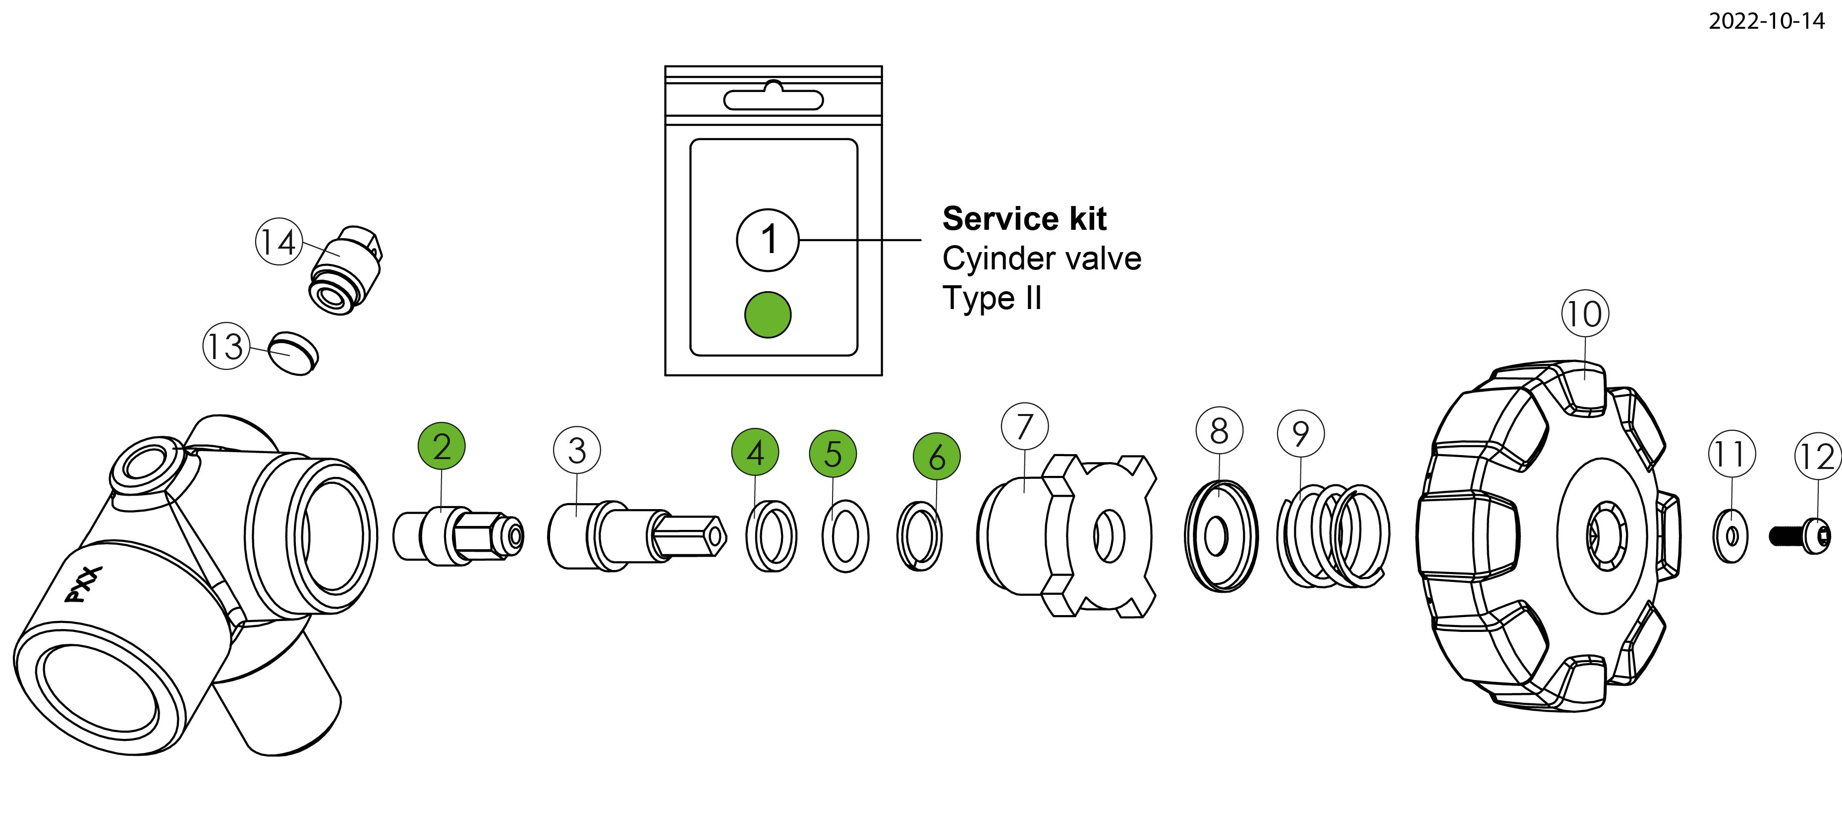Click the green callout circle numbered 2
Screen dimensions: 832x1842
(442, 446)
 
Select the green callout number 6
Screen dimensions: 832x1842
(937, 456)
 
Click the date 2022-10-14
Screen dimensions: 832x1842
(1766, 21)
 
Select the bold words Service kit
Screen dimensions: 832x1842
(1024, 219)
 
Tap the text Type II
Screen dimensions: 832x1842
(992, 298)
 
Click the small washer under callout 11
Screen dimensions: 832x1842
(1731, 535)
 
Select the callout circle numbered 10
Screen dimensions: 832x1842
(1585, 314)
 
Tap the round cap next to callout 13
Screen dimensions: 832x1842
(293, 353)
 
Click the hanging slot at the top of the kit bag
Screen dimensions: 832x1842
(774, 99)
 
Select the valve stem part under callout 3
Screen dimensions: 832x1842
(636, 536)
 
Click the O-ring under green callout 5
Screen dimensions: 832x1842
(845, 536)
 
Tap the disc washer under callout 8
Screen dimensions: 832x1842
(1221, 536)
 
